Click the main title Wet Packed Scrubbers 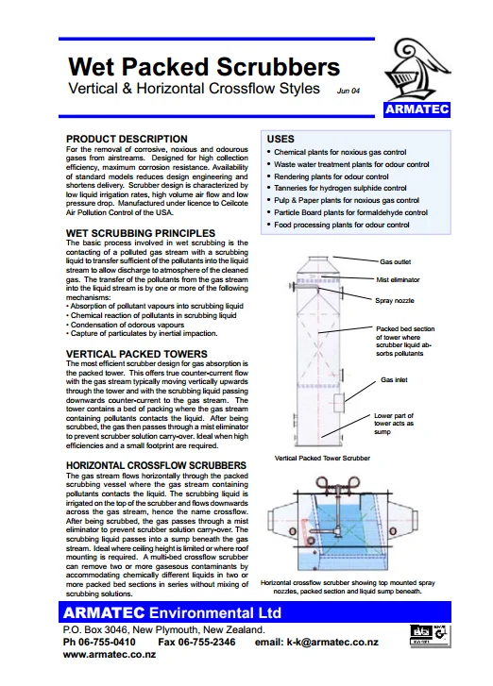coord(204,66)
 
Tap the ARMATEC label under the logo coord(418,110)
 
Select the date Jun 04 coord(348,91)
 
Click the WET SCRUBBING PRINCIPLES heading coord(141,231)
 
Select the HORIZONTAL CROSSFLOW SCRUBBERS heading coord(157,466)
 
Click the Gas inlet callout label coord(393,378)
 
